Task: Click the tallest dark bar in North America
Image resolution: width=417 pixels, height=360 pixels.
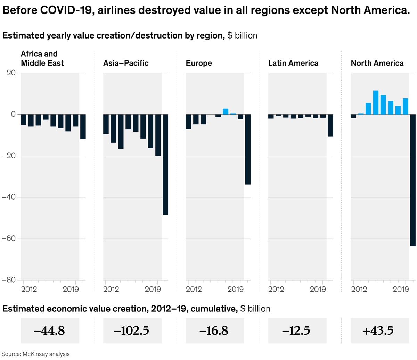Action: [413, 180]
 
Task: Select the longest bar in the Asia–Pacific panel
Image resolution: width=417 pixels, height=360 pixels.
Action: [165, 165]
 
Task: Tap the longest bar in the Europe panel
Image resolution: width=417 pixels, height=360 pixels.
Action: [248, 149]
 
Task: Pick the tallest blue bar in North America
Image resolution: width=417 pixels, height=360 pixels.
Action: [376, 102]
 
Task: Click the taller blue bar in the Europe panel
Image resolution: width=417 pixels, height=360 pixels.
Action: [226, 111]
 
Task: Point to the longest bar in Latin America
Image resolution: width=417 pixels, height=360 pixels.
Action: [330, 125]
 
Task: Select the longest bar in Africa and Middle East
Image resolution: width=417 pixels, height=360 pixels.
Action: [83, 127]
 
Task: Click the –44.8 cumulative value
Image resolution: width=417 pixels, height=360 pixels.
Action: [49, 331]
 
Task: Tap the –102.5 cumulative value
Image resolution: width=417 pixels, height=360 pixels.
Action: [132, 331]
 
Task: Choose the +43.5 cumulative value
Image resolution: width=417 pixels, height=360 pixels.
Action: [378, 331]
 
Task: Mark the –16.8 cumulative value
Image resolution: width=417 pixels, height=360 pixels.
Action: [214, 331]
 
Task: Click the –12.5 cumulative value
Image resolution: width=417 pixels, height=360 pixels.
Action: [296, 331]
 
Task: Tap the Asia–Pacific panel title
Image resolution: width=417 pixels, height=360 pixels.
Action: [126, 63]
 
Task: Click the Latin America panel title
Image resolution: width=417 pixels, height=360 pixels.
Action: [293, 63]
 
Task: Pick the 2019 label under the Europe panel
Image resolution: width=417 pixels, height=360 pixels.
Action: [236, 289]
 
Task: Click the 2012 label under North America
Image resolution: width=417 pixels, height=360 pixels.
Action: [359, 289]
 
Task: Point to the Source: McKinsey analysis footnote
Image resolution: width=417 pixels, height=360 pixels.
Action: [36, 354]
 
